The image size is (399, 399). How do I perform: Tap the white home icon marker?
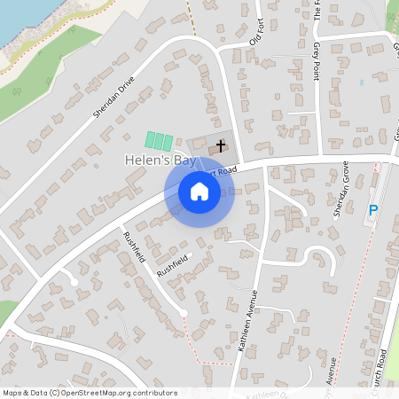pos(199,192)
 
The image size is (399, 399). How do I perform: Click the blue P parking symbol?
pos(373,210)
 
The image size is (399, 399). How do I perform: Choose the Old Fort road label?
pos(257,34)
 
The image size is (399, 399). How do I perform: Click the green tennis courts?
pos(159,141)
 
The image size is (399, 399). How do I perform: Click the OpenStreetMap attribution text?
pos(89,393)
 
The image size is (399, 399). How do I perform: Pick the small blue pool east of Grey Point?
pos(362,82)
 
